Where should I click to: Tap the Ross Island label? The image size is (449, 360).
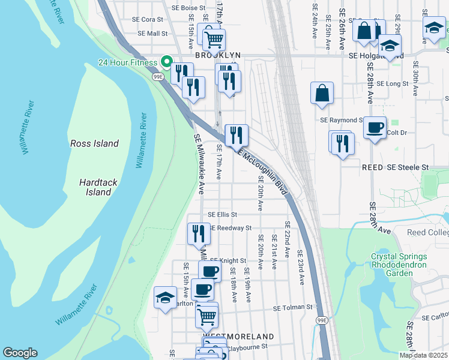tap(94, 143)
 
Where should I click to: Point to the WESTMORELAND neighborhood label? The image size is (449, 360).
tap(238, 337)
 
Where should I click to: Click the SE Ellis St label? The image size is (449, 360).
tap(223, 214)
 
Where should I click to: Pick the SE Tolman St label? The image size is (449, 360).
tap(293, 307)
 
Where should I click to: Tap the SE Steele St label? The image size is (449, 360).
tap(408, 167)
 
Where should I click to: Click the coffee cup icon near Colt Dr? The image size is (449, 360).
tap(375, 128)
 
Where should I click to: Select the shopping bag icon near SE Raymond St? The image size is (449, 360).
tap(322, 93)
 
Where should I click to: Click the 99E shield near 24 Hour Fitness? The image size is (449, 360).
tap(158, 77)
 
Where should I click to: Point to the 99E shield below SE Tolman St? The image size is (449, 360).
tap(322, 320)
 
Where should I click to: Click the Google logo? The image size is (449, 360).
tap(20, 353)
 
